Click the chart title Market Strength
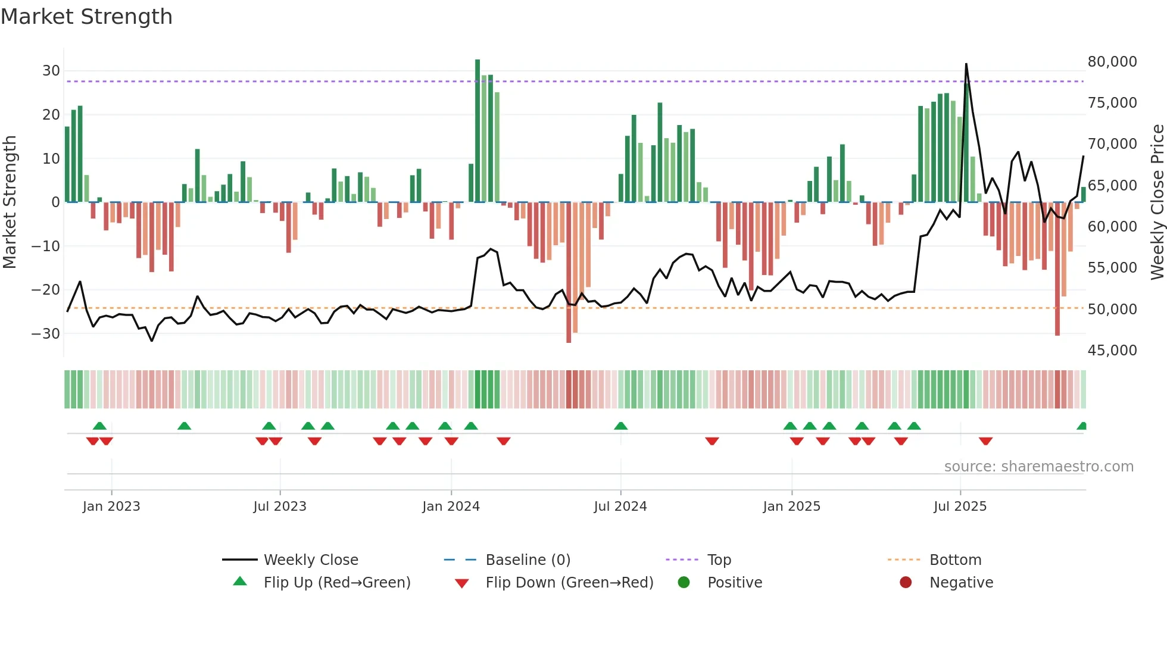[86, 17]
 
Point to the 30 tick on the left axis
[51, 71]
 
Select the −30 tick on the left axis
[46, 334]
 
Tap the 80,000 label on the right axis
[1112, 62]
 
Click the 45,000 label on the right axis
[1112, 351]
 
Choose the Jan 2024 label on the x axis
[451, 507]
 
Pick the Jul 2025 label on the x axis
[960, 507]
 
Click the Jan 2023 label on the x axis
[111, 507]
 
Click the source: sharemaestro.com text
[1038, 467]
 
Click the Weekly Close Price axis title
[1157, 202]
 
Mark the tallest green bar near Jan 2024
[478, 131]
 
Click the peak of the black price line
[966, 64]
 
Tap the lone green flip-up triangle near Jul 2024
[620, 426]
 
